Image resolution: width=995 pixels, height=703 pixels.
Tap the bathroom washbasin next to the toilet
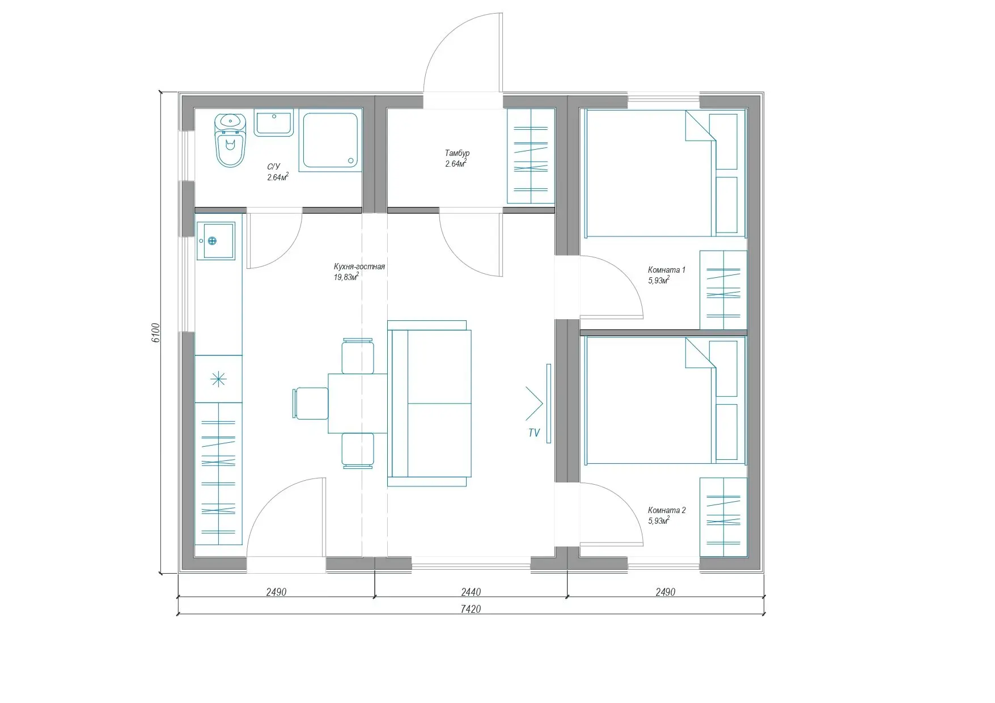[274, 123]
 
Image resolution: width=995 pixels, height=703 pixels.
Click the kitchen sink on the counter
[215, 241]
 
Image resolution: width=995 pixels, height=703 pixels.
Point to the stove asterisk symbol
[218, 379]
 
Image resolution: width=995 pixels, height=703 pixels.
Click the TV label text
[534, 433]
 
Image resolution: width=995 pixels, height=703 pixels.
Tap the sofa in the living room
[429, 403]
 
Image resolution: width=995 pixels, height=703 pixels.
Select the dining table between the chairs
[358, 403]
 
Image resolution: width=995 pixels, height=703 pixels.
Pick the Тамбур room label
[457, 153]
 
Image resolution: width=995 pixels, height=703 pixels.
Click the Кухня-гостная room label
[359, 266]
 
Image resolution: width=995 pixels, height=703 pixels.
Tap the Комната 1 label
[667, 270]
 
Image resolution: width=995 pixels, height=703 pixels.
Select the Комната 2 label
[667, 510]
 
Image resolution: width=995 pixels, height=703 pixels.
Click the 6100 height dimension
[156, 333]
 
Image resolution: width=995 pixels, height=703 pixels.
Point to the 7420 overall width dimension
[471, 609]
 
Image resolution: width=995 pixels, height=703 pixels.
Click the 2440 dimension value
[471, 592]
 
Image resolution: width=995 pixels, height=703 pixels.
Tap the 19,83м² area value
[346, 277]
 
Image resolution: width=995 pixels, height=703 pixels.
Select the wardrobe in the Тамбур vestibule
[531, 156]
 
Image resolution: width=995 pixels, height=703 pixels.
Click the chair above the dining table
[358, 355]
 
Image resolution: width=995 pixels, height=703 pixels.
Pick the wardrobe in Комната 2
[723, 517]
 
